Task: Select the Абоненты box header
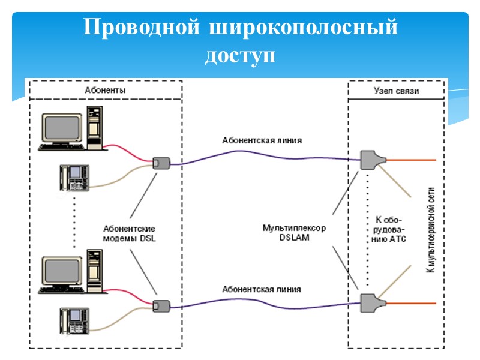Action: pyautogui.click(x=105, y=90)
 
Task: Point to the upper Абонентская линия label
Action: pyautogui.click(x=262, y=141)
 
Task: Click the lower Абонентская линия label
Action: pyautogui.click(x=262, y=289)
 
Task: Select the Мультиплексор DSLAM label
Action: pyautogui.click(x=294, y=233)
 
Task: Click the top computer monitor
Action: pyautogui.click(x=62, y=127)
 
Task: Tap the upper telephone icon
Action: pyautogui.click(x=74, y=178)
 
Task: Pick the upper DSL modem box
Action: pyautogui.click(x=160, y=162)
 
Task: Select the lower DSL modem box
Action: pyautogui.click(x=160, y=306)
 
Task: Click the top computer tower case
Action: pyautogui.click(x=95, y=127)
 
